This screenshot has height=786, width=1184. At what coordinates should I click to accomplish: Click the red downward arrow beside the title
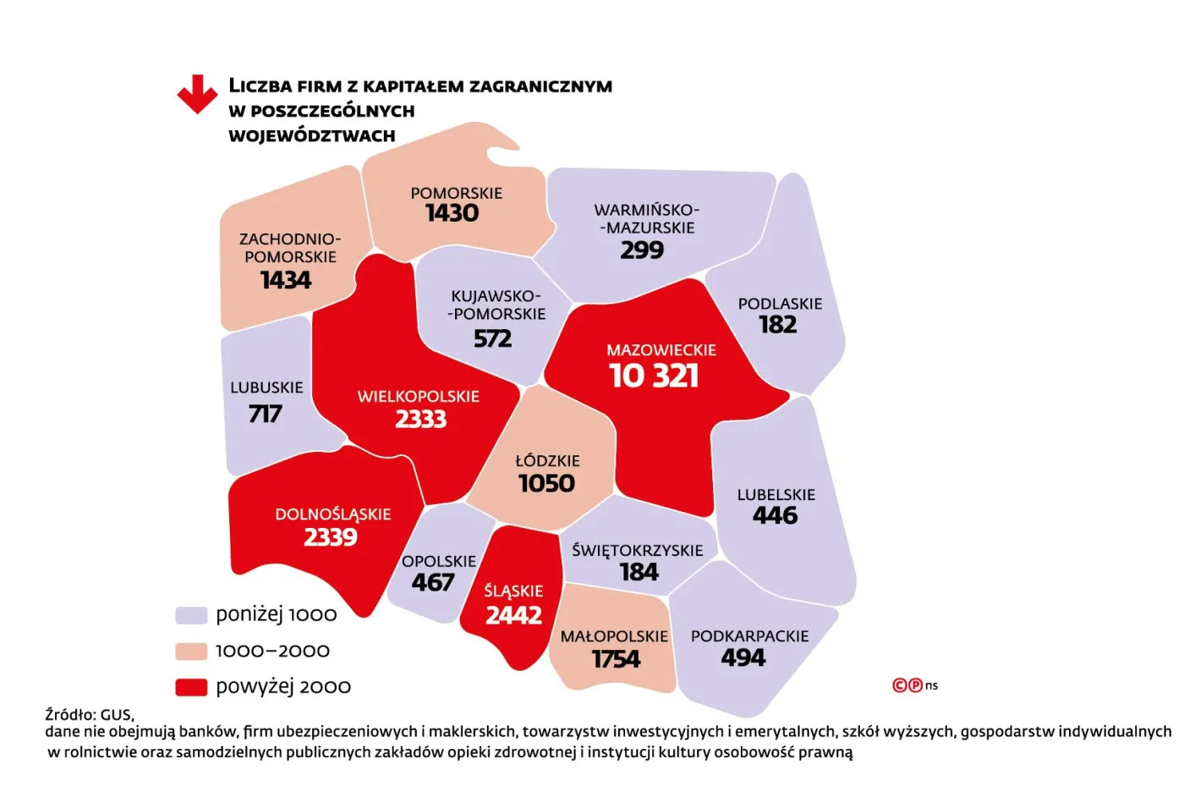(197, 94)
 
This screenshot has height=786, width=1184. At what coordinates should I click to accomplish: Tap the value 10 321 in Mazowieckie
(654, 376)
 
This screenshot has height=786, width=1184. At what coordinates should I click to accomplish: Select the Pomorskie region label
(456, 193)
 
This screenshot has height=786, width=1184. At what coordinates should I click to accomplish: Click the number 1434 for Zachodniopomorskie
(285, 280)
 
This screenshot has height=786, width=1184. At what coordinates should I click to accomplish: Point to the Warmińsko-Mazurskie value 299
(642, 250)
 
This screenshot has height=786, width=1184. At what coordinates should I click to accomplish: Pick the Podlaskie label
(779, 304)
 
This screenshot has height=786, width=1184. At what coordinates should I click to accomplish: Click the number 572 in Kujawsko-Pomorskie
(492, 339)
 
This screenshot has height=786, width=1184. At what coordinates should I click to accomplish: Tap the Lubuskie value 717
(265, 414)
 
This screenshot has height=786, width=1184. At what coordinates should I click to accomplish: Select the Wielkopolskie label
(418, 396)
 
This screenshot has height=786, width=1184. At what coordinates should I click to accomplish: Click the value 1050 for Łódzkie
(546, 484)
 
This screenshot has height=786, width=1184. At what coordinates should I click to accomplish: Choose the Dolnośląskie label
(332, 514)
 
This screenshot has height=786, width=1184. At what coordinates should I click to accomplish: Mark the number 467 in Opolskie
(432, 583)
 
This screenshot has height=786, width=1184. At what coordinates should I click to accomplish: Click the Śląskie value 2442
(513, 615)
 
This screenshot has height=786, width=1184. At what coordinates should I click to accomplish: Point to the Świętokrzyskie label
(637, 550)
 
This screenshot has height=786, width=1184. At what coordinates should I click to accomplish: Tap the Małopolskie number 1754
(616, 659)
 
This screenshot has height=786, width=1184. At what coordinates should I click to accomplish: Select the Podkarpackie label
(749, 636)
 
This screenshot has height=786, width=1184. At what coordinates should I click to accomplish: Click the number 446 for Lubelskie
(775, 515)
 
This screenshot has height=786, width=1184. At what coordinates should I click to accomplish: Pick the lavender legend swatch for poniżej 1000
(191, 615)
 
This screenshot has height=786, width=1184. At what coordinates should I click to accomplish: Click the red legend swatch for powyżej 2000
(191, 687)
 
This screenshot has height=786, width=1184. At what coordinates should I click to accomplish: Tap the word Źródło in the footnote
(70, 714)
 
